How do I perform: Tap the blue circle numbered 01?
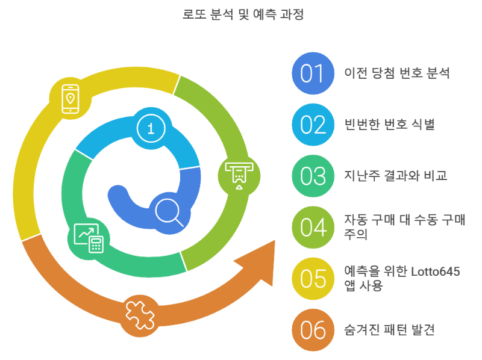click(x=313, y=73)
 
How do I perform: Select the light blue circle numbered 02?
click(x=313, y=125)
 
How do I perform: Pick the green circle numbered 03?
click(x=313, y=176)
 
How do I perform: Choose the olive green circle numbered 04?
click(x=313, y=228)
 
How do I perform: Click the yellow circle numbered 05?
click(x=313, y=279)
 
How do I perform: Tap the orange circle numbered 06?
click(x=313, y=330)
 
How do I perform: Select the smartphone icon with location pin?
click(x=70, y=98)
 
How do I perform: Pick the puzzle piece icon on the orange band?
click(x=139, y=313)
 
